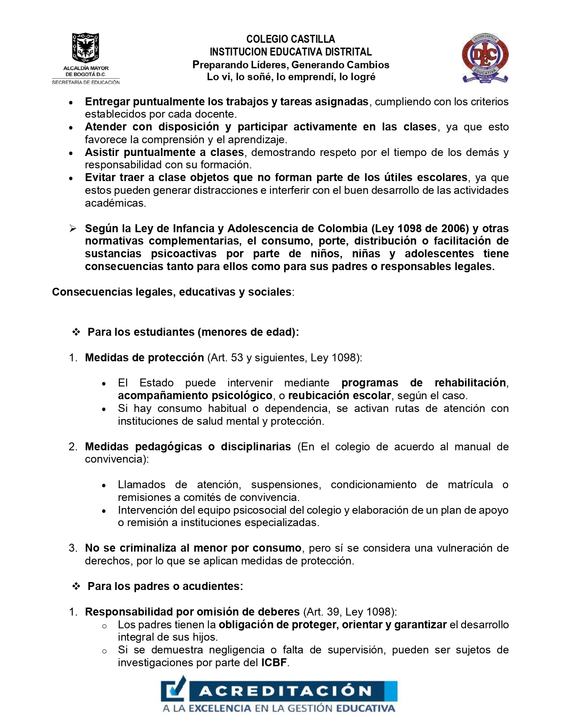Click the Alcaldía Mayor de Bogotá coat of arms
pyautogui.click(x=85, y=48)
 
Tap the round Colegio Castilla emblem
pyautogui.click(x=485, y=57)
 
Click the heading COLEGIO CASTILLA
pyautogui.click(x=290, y=39)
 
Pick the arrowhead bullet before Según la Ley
pyautogui.click(x=73, y=228)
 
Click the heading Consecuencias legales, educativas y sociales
pyautogui.click(x=172, y=292)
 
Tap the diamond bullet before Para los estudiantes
pyautogui.click(x=76, y=332)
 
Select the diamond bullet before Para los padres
pyautogui.click(x=76, y=586)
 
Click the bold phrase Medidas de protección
pyautogui.click(x=144, y=357)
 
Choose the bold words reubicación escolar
pyautogui.click(x=339, y=395)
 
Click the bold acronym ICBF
pyautogui.click(x=274, y=663)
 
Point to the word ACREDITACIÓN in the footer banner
pyautogui.click(x=286, y=691)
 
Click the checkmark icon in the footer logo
pyautogui.click(x=175, y=690)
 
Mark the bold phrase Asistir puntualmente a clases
pyautogui.click(x=164, y=152)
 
